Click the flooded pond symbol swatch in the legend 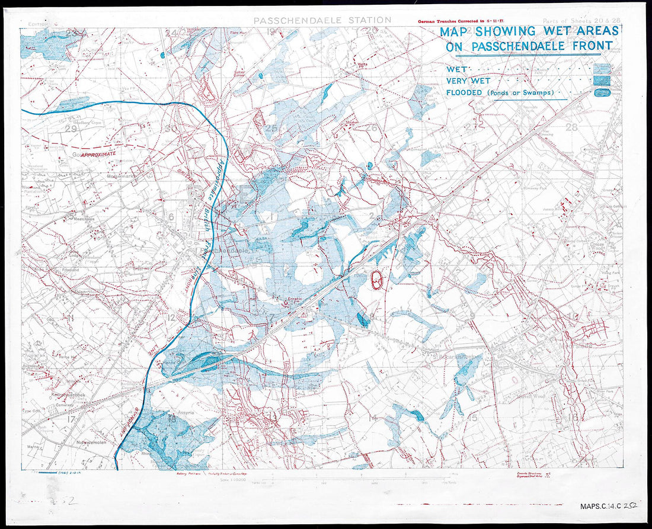click(x=602, y=93)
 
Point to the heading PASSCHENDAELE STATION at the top click(x=322, y=20)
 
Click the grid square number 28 click(x=571, y=127)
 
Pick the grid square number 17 click(x=72, y=419)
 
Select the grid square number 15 click(x=472, y=418)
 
